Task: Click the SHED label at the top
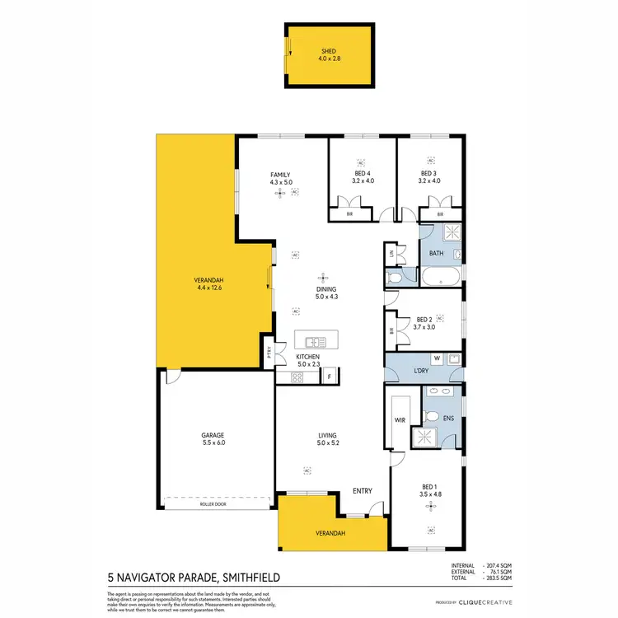pos(329,51)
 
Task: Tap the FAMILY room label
pos(281,175)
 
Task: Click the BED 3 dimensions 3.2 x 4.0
pos(429,181)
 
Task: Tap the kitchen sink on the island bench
pos(315,341)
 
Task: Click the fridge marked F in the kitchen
pos(329,377)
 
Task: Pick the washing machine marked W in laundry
pos(437,358)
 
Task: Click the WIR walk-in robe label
pos(399,419)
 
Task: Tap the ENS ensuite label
pos(448,419)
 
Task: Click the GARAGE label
pos(213,435)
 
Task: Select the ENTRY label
pos(363,491)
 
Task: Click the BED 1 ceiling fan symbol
pos(430,508)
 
